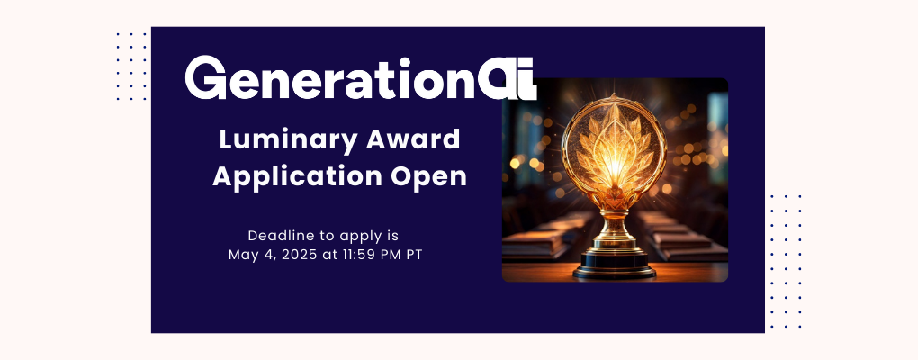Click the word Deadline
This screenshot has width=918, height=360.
[280, 235]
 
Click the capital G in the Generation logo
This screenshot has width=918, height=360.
[206, 78]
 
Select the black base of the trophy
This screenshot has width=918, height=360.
[616, 263]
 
